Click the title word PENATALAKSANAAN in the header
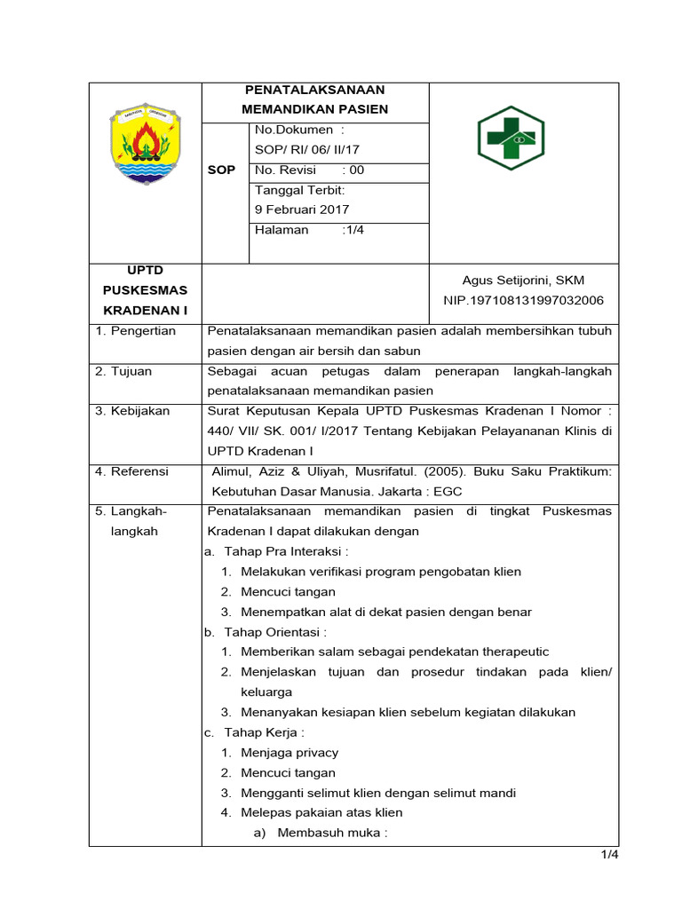click(314, 90)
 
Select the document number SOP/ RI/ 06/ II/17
click(307, 150)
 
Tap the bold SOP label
click(222, 170)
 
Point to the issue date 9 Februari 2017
click(302, 210)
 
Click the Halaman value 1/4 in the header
click(354, 230)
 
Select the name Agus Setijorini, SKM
click(523, 281)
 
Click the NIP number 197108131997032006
click(523, 301)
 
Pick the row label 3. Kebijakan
click(132, 411)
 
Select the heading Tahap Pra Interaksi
click(280, 551)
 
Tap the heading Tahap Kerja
click(265, 732)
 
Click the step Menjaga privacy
click(289, 753)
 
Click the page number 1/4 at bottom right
click(608, 855)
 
